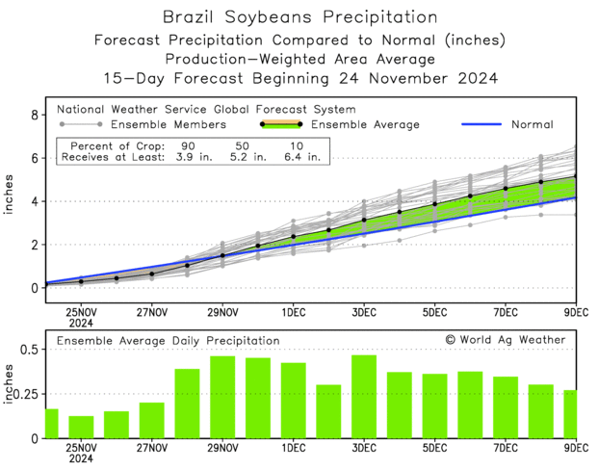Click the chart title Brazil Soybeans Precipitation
coord(299,17)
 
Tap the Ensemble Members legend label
coord(169,124)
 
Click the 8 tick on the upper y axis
coord(35,115)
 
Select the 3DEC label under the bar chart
coord(364,449)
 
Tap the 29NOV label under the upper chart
coord(222,312)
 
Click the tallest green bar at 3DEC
coord(364,397)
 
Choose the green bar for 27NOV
coord(151,420)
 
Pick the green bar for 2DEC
coord(328,411)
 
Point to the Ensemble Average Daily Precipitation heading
coord(169,340)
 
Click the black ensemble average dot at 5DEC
coord(435,204)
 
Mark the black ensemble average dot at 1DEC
coord(294,236)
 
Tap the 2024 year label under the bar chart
coord(81,460)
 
